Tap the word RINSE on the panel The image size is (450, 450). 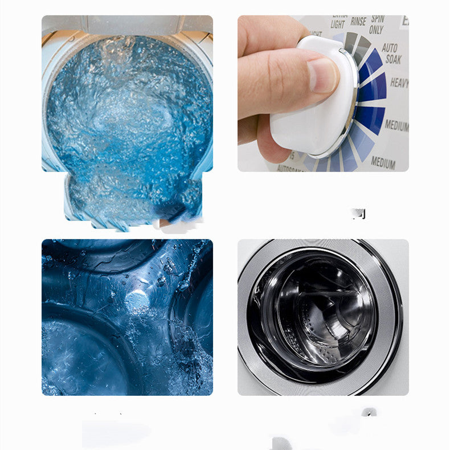358,22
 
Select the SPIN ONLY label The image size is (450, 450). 377,23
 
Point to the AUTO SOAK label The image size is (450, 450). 391,53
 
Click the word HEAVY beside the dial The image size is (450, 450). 399,83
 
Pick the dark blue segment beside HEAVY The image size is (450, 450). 373,88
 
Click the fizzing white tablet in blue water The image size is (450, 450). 137,300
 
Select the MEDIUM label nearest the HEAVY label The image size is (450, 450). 396,125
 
